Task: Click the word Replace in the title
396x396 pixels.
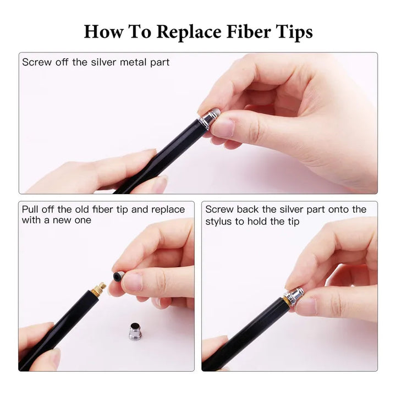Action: point(189,32)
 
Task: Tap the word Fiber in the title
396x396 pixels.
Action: point(249,31)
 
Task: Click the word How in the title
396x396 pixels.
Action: point(103,31)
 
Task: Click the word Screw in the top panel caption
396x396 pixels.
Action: point(37,62)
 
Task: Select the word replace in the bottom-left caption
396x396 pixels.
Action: point(168,210)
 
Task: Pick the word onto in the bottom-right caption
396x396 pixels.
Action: point(338,210)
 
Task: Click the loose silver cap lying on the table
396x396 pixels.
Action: point(135,331)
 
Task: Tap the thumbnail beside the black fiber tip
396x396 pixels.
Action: point(133,282)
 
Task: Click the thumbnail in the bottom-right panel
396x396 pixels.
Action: point(306,306)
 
